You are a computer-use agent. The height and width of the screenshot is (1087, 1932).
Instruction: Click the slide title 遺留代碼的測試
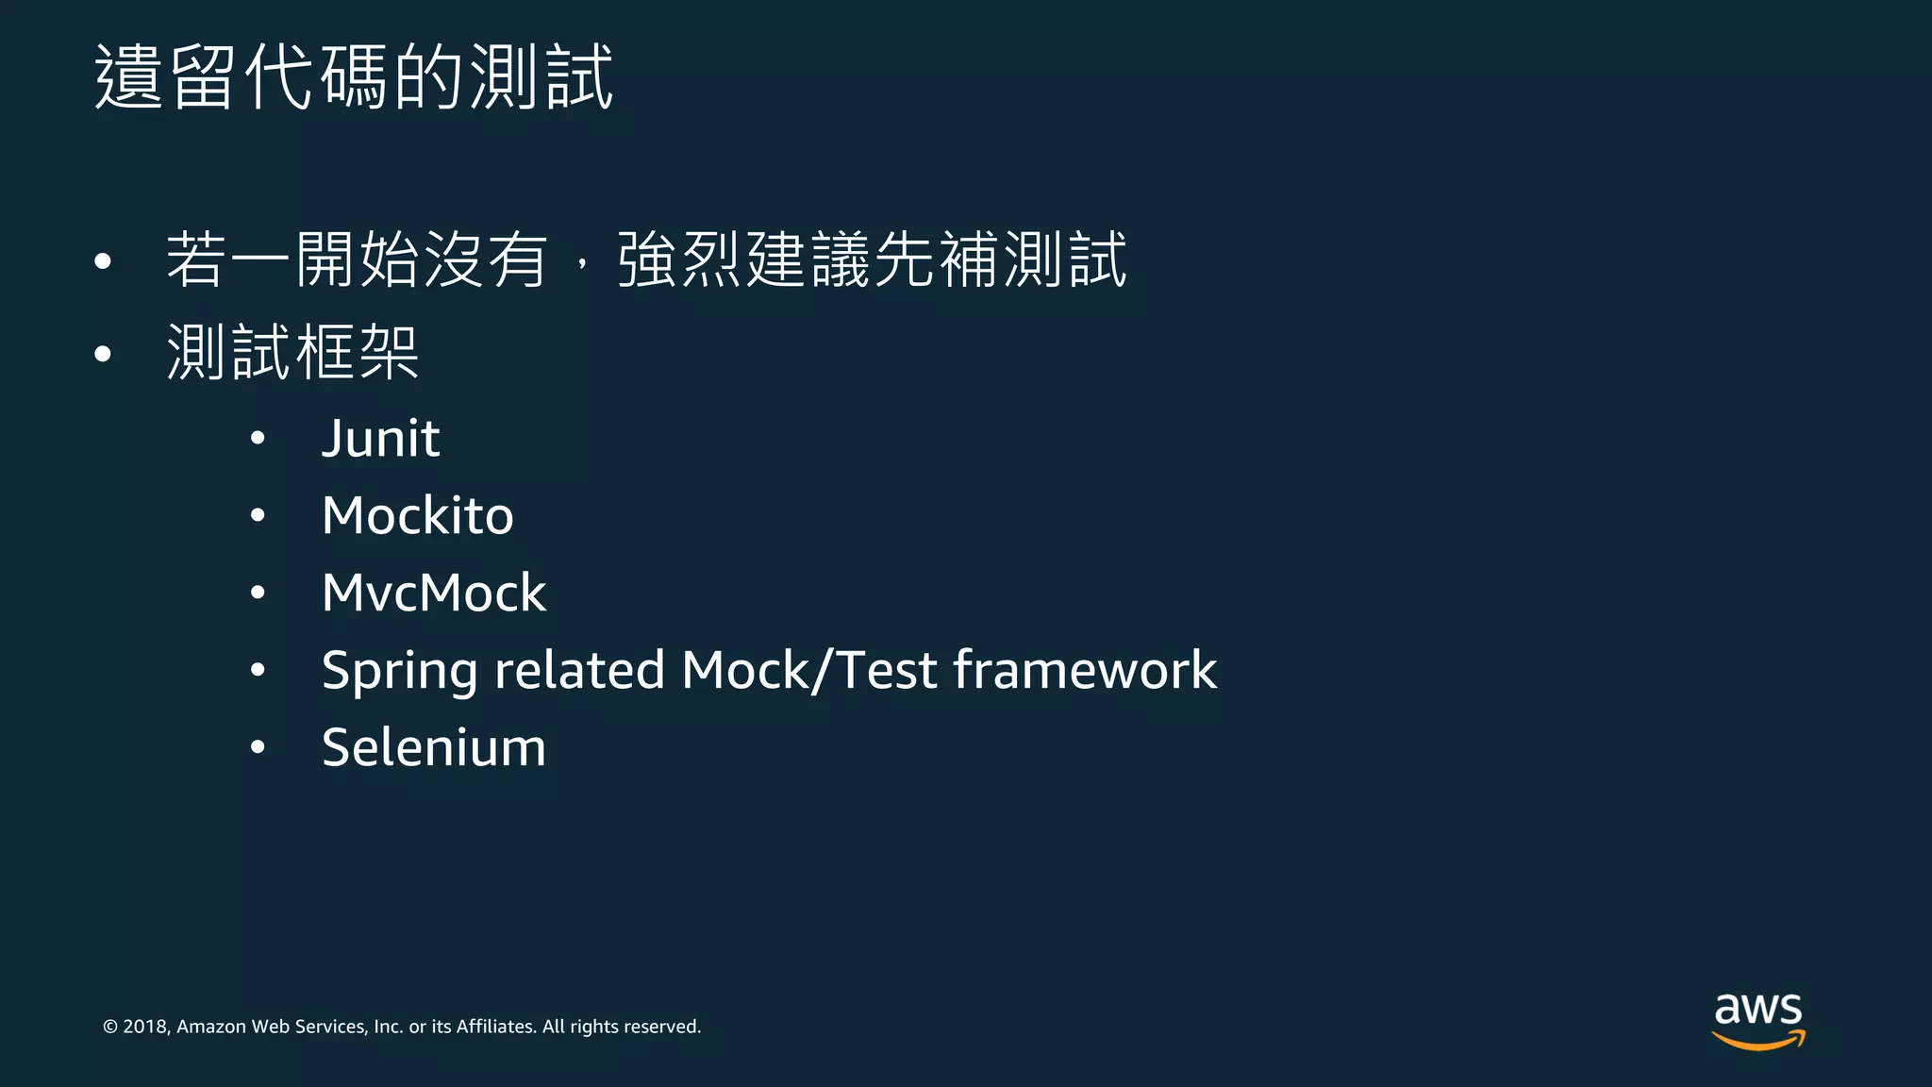click(354, 76)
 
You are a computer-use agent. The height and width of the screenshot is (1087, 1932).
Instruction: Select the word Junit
click(380, 439)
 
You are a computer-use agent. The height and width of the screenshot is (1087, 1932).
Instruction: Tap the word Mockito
click(417, 516)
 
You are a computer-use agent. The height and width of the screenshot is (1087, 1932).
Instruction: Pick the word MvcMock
click(433, 594)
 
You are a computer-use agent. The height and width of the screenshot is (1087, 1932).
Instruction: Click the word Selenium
click(433, 748)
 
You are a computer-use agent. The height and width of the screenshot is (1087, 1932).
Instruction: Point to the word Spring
click(399, 672)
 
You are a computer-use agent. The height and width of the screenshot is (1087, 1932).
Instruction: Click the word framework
click(1085, 670)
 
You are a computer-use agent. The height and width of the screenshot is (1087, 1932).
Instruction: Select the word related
click(579, 670)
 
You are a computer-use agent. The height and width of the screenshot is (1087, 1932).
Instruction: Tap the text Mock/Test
click(809, 670)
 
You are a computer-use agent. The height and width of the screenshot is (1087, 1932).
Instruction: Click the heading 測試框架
click(292, 353)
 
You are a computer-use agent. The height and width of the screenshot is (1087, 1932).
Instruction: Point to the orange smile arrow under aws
click(1758, 1041)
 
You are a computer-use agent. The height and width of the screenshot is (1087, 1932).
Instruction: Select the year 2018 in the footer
click(145, 1027)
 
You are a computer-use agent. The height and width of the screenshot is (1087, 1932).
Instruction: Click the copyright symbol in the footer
click(109, 1027)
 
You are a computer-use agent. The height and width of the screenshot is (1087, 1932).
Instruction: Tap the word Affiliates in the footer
click(494, 1027)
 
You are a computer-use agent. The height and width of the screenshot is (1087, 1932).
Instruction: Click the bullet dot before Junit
click(258, 438)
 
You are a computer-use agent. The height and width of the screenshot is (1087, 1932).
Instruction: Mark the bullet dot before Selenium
click(258, 747)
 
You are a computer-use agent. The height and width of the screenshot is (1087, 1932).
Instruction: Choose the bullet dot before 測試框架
click(103, 354)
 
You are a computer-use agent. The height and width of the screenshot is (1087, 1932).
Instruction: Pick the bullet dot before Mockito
click(258, 515)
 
